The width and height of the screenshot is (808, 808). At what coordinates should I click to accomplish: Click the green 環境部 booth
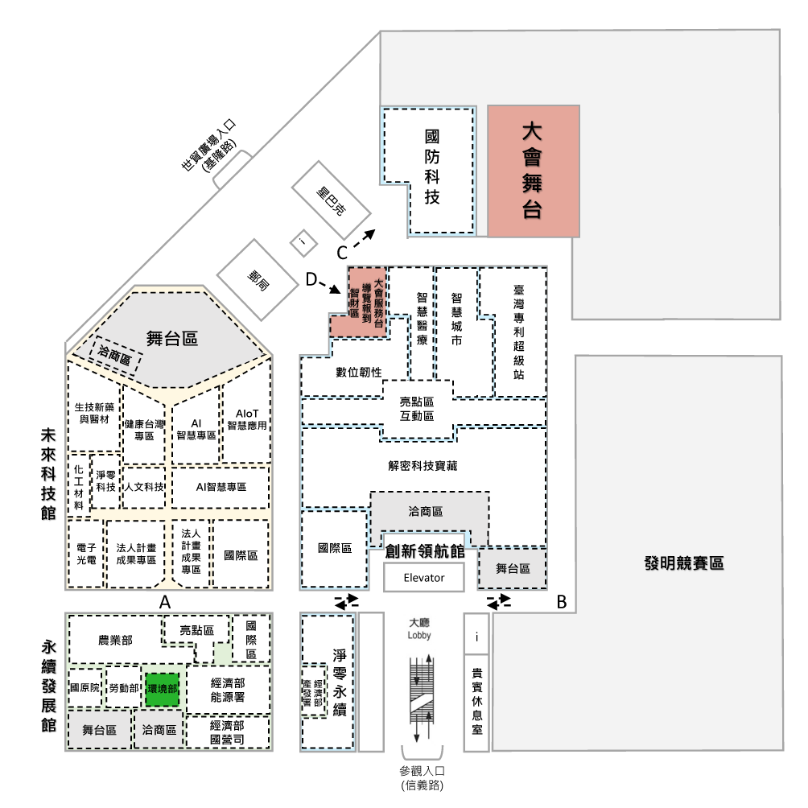coord(163,689)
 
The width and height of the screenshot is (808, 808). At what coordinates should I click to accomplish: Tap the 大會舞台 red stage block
coord(534,171)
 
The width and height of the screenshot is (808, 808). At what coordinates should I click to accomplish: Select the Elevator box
coord(423,577)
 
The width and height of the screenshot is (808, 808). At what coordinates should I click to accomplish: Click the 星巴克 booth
coord(332,200)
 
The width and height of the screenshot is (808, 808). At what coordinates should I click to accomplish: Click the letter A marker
coord(164,602)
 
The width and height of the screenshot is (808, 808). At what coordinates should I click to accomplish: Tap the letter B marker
coord(562,602)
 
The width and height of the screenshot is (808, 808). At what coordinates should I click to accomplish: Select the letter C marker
coord(342,253)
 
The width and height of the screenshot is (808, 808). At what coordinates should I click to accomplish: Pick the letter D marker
coord(311,280)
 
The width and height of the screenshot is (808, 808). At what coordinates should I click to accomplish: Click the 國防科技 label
coord(432,167)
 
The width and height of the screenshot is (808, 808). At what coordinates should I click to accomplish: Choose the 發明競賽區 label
coord(684,563)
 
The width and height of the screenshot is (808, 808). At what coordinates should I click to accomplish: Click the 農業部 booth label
coord(115,640)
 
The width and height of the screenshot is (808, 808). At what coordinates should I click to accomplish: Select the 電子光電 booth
coord(85,554)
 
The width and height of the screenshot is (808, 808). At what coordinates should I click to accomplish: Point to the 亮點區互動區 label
coord(417,409)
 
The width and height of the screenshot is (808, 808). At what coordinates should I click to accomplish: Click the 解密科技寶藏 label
coord(423,466)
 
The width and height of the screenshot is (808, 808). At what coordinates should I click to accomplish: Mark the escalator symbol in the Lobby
coord(422,698)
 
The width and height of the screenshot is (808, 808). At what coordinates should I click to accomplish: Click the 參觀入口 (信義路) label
coord(422,777)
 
